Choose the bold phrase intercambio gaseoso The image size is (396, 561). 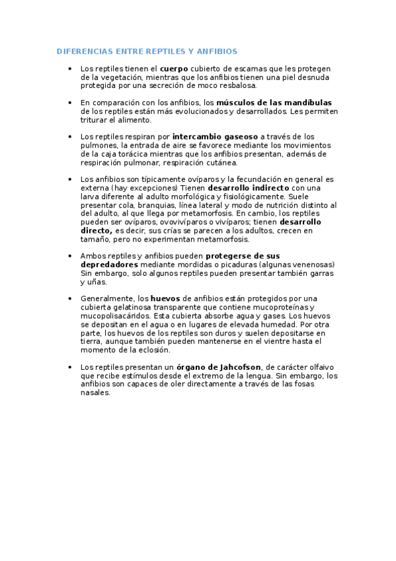point(215,137)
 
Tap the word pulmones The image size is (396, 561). point(99,146)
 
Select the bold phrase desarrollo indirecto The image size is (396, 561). point(248,188)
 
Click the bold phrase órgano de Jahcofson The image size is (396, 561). point(219,367)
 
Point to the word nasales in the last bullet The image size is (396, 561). point(95,392)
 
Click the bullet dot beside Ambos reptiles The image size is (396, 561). point(70,255)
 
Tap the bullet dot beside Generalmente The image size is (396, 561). point(70,298)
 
